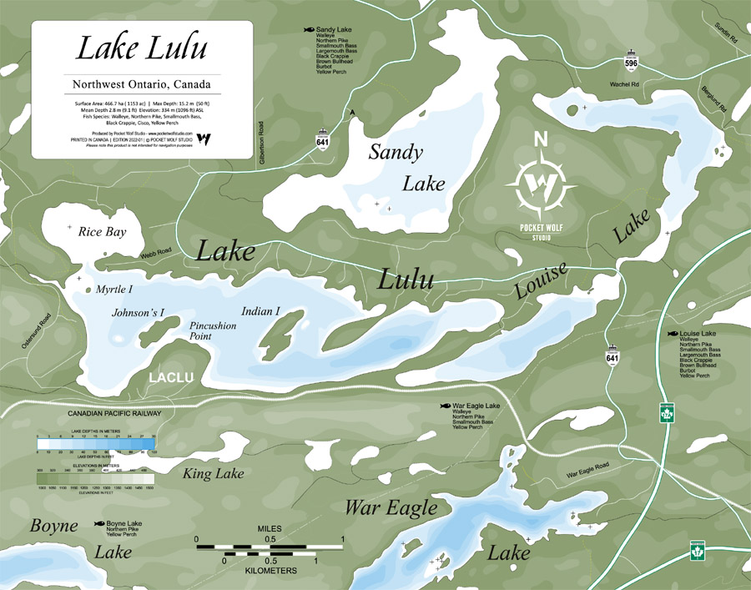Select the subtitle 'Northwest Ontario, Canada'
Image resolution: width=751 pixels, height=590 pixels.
[x=141, y=84]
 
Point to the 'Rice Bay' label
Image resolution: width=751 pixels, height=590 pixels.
[x=102, y=231]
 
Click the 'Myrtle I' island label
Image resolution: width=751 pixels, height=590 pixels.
[x=114, y=290]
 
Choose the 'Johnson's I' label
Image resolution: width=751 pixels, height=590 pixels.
[x=139, y=313]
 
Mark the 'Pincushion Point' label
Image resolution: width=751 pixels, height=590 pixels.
[x=213, y=331]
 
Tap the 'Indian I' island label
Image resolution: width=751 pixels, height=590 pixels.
[x=260, y=311]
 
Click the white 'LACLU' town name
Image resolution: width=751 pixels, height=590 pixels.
[x=170, y=378]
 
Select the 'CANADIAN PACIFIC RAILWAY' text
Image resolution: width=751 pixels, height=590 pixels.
[x=114, y=413]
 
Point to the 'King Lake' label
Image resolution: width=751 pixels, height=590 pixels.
[x=213, y=474]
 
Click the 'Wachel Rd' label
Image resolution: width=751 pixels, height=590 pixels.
[x=623, y=84]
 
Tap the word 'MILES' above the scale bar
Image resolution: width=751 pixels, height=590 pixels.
[x=269, y=528]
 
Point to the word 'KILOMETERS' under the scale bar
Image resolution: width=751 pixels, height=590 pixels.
[x=270, y=572]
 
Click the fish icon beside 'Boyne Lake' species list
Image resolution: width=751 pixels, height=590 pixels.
[x=99, y=524]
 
